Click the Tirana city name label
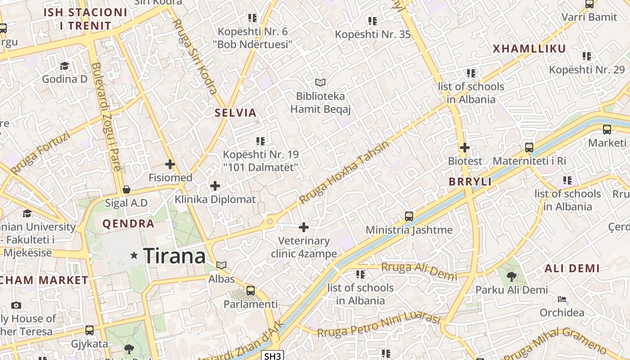tap(175, 256)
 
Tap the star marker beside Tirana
tap(134, 256)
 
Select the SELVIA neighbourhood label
tap(236, 113)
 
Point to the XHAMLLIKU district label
tap(529, 49)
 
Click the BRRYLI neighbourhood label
tap(470, 182)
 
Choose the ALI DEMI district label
tap(572, 269)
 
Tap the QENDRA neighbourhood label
tap(128, 224)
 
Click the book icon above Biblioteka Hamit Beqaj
tap(320, 83)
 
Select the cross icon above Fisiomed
tap(170, 164)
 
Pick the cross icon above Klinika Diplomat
tap(215, 185)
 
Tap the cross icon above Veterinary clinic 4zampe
tap(304, 227)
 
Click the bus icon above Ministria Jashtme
tap(409, 216)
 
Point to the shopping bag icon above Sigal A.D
tap(126, 189)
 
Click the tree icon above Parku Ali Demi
tap(512, 276)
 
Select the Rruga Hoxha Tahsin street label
tap(344, 172)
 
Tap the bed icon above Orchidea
tap(562, 299)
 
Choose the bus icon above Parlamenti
tap(251, 291)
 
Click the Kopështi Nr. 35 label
tap(373, 34)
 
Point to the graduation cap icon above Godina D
tap(64, 66)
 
